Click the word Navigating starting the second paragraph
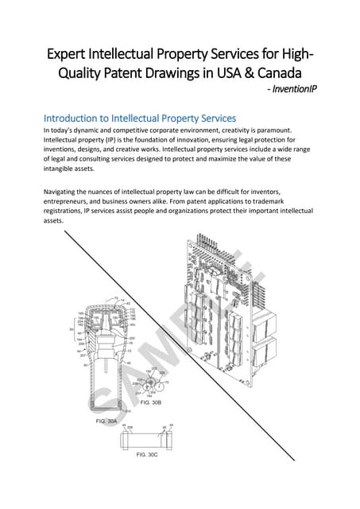click(x=66, y=189)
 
